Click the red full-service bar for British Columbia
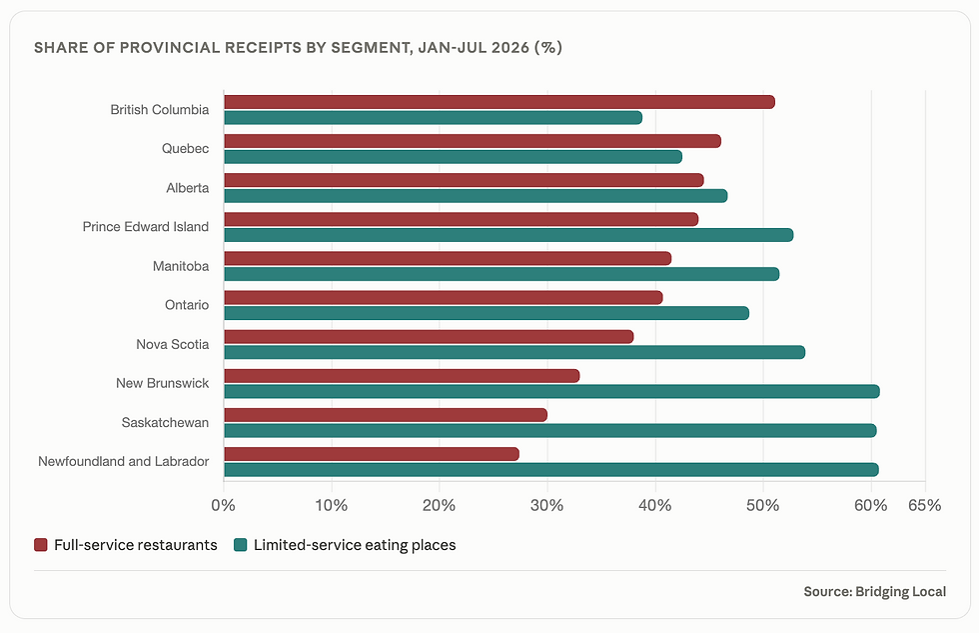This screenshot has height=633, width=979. pyautogui.click(x=499, y=102)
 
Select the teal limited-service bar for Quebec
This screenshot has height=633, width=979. pyautogui.click(x=454, y=157)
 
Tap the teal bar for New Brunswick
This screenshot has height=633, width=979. pyautogui.click(x=551, y=392)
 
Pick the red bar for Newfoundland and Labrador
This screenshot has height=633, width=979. pyautogui.click(x=372, y=454)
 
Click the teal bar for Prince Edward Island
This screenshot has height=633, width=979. pyautogui.click(x=508, y=235)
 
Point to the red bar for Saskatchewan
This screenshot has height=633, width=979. pyautogui.click(x=386, y=415)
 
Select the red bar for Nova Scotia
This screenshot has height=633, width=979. pyautogui.click(x=429, y=337)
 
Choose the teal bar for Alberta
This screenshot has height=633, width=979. pyautogui.click(x=476, y=196)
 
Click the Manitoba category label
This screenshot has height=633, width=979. pyautogui.click(x=181, y=266)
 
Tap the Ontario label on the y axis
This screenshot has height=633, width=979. pyautogui.click(x=187, y=305)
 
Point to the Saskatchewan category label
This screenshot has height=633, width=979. pyautogui.click(x=166, y=422)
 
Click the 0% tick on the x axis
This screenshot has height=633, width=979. pyautogui.click(x=224, y=506)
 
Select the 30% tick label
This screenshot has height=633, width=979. pyautogui.click(x=547, y=506)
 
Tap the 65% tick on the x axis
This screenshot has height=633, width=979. pyautogui.click(x=925, y=506)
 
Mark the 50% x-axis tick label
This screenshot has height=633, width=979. pyautogui.click(x=763, y=506)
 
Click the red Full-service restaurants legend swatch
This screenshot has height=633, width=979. pyautogui.click(x=41, y=545)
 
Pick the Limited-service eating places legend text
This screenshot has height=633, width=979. pyautogui.click(x=355, y=545)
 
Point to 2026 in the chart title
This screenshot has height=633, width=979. pyautogui.click(x=509, y=47)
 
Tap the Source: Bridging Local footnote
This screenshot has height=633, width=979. pyautogui.click(x=875, y=592)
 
